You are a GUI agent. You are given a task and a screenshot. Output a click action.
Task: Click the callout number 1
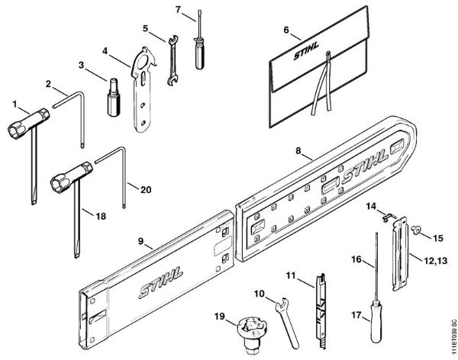click(x=13, y=101)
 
